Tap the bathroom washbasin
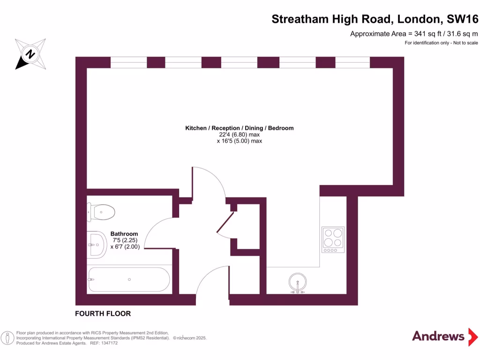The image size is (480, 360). [97, 244]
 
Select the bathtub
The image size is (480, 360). [128, 280]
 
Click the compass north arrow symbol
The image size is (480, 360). [30, 54]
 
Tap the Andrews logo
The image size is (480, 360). [438, 336]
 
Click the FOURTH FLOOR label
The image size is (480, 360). [103, 314]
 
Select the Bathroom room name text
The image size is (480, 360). [124, 234]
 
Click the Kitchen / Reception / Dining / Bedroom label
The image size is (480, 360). [239, 128]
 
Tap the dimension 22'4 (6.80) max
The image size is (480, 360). [239, 135]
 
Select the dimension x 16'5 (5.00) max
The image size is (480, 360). [239, 141]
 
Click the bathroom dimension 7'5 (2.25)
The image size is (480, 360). [124, 240]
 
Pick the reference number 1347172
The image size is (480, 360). [107, 343]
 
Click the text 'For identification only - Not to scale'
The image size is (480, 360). [441, 43]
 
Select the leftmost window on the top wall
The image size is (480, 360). [128, 62]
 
